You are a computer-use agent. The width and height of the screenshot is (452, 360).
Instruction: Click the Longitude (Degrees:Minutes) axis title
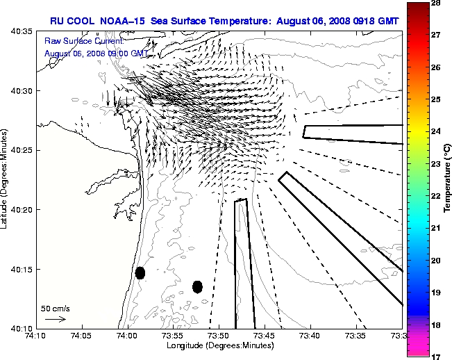click(219, 345)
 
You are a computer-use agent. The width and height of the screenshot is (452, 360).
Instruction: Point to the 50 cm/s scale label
click(55, 308)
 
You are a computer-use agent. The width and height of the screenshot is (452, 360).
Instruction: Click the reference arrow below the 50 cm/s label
click(56, 319)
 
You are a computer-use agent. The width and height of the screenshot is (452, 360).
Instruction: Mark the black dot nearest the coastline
click(140, 272)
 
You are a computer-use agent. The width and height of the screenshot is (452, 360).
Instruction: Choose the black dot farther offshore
click(197, 286)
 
